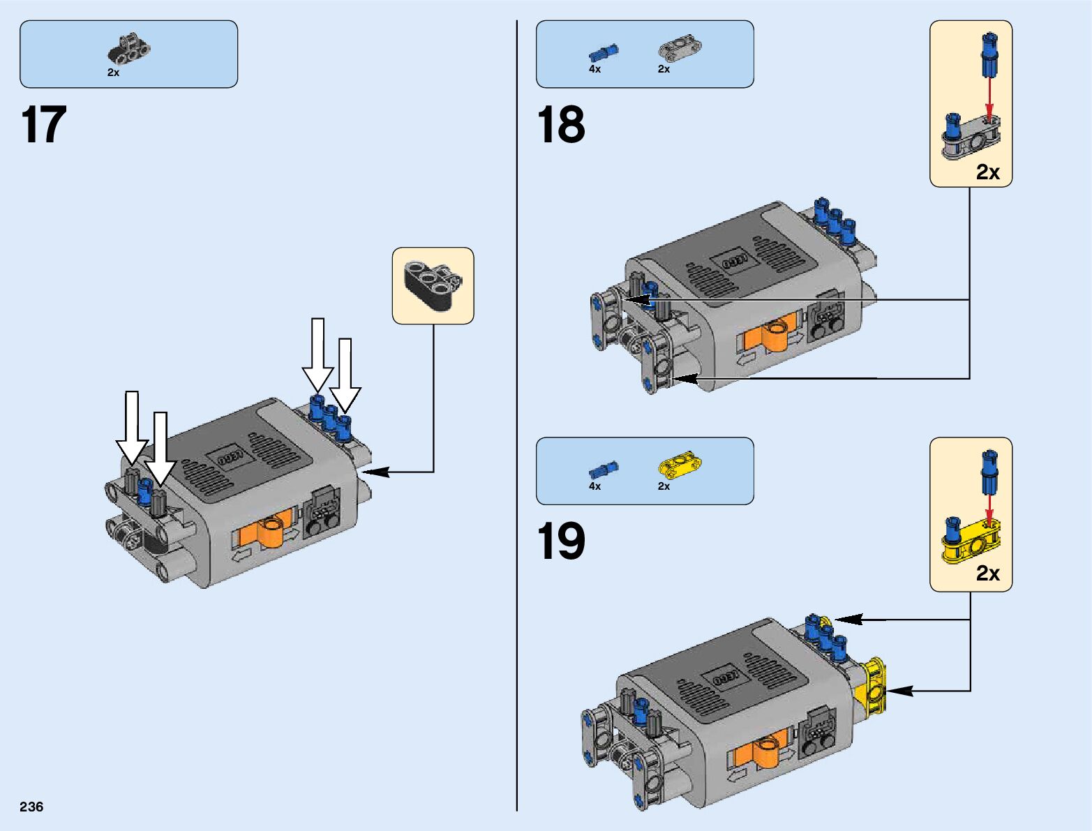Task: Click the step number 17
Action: (x=44, y=126)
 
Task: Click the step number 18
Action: (x=561, y=126)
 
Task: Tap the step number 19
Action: (x=561, y=542)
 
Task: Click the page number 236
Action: (x=32, y=807)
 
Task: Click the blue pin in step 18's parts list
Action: (x=603, y=52)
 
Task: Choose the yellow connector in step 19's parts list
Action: (x=680, y=465)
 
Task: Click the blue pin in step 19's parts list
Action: (x=603, y=469)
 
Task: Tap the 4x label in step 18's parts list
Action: (x=594, y=70)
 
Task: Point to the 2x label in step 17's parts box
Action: (x=113, y=73)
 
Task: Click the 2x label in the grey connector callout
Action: (x=987, y=172)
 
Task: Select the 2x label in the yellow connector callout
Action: (x=987, y=574)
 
